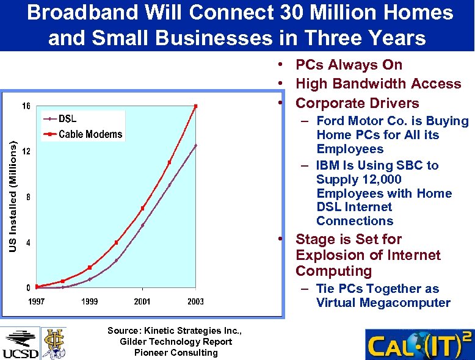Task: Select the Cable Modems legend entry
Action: pyautogui.click(x=90, y=134)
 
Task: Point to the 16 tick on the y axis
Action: pyautogui.click(x=26, y=106)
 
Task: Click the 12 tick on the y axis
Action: pyautogui.click(x=26, y=151)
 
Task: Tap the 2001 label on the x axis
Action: pyautogui.click(x=142, y=301)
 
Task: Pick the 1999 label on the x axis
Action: pyautogui.click(x=89, y=301)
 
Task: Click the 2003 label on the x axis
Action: pyautogui.click(x=195, y=301)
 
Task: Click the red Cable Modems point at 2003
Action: pyautogui.click(x=195, y=106)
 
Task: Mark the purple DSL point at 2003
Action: pyautogui.click(x=195, y=145)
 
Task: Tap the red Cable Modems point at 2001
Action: pyautogui.click(x=142, y=208)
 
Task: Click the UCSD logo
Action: pyautogui.click(x=20, y=344)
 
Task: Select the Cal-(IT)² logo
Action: pyautogui.click(x=419, y=345)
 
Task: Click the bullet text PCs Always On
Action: pyautogui.click(x=349, y=65)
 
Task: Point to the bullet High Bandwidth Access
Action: pyautogui.click(x=378, y=84)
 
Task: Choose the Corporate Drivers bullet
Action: pyautogui.click(x=357, y=103)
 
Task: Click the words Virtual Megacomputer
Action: pyautogui.click(x=383, y=303)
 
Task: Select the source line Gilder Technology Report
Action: pyautogui.click(x=176, y=342)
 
